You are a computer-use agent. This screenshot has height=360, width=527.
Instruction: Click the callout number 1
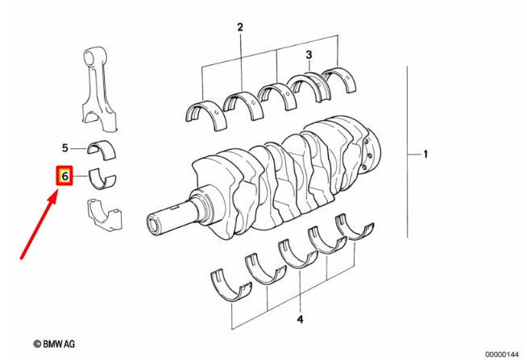pos(425,154)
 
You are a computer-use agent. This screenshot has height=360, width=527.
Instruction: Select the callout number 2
pos(240,27)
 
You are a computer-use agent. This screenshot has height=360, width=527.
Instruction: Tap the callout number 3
pos(309,55)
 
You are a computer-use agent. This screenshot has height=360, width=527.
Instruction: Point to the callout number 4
pos(300,319)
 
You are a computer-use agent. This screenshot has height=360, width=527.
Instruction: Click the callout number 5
pos(65,147)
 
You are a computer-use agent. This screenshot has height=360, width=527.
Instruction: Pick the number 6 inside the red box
pos(64,176)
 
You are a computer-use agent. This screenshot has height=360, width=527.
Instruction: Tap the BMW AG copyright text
pos(54,344)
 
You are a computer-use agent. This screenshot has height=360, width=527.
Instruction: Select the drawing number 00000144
pos(501,354)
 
